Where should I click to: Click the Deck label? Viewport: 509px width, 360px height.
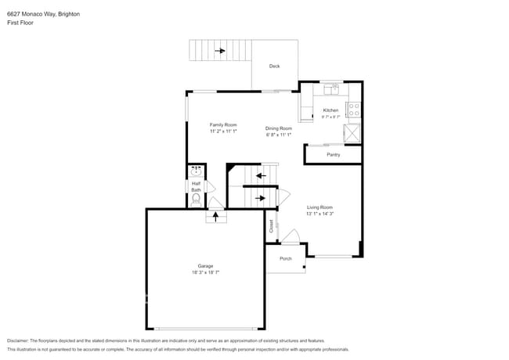pyautogui.click(x=274, y=67)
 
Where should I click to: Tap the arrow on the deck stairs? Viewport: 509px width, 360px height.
pyautogui.click(x=221, y=52)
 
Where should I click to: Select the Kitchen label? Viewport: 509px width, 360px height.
pyautogui.click(x=331, y=110)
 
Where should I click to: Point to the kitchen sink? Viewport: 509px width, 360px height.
pyautogui.click(x=333, y=87)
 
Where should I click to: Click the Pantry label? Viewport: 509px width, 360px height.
pyautogui.click(x=334, y=155)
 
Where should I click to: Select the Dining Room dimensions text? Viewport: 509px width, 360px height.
pyautogui.click(x=278, y=135)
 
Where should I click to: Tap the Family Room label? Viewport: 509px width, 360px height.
pyautogui.click(x=223, y=125)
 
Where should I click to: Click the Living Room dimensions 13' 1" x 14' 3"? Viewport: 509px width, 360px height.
pyautogui.click(x=319, y=214)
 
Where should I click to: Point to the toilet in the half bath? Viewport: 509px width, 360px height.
pyautogui.click(x=196, y=199)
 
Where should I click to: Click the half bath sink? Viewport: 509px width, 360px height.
pyautogui.click(x=196, y=171)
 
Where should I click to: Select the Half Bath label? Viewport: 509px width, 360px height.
pyautogui.click(x=196, y=187)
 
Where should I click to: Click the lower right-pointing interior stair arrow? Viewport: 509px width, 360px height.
pyautogui.click(x=261, y=198)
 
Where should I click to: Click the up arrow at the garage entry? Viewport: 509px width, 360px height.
pyautogui.click(x=215, y=215)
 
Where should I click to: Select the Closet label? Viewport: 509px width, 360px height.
pyautogui.click(x=272, y=226)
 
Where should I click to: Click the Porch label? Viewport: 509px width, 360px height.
pyautogui.click(x=286, y=258)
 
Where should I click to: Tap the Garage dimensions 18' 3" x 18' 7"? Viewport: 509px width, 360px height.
pyautogui.click(x=206, y=272)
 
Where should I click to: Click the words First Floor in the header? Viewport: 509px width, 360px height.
pyautogui.click(x=20, y=23)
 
